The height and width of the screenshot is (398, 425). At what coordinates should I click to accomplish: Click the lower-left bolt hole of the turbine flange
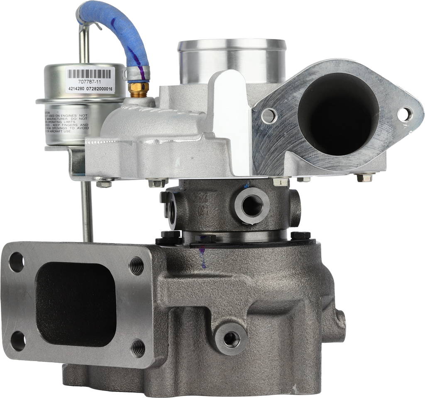(17, 342)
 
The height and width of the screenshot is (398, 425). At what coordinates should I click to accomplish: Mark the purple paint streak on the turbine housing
(203, 255)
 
